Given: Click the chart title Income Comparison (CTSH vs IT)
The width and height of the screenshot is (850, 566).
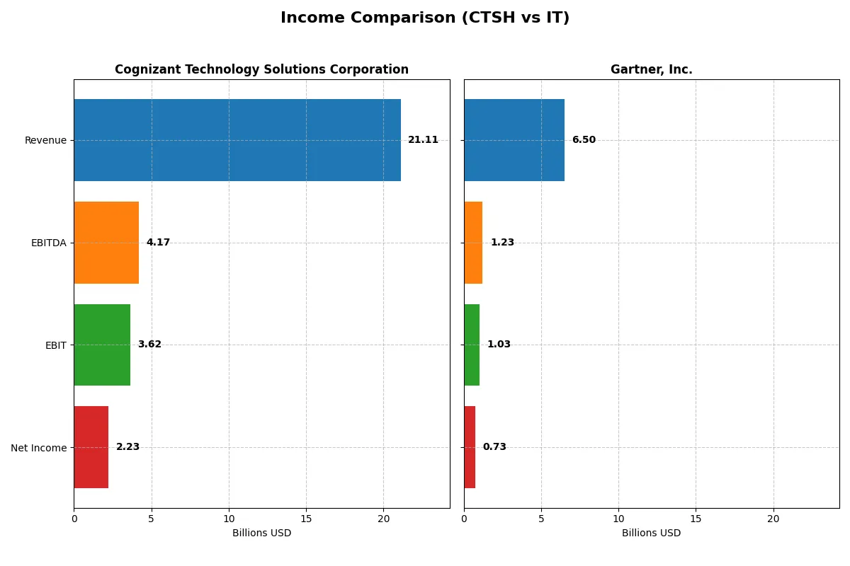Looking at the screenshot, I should (x=425, y=18).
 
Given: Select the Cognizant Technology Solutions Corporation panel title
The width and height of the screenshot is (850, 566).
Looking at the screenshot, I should (x=261, y=70).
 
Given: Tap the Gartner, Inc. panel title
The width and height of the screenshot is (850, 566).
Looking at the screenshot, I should (x=651, y=70).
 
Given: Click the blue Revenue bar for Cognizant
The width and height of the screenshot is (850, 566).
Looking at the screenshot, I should (x=237, y=140).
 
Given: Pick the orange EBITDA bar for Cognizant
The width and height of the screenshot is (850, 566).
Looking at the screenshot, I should (x=106, y=243).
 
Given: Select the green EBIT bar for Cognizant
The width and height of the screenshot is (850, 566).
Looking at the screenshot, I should (x=102, y=345).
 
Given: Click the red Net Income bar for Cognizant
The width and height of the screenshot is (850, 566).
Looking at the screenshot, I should (x=91, y=447).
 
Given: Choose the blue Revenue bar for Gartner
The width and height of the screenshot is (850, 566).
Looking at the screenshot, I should (x=514, y=140).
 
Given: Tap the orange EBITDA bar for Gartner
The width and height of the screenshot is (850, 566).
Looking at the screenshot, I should (x=473, y=243).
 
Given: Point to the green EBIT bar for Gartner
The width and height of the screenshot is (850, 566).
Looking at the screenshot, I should (x=472, y=345).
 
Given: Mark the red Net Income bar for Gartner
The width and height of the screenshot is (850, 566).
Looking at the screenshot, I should (x=470, y=447).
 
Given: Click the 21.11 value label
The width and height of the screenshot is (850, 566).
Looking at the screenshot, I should (x=423, y=140).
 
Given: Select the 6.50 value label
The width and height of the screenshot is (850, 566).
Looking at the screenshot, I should (x=584, y=140).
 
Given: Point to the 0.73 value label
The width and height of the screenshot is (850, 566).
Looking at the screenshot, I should (x=494, y=447).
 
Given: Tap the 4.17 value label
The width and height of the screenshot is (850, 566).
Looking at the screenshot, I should (x=158, y=243).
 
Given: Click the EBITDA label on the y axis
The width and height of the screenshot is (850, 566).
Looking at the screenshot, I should (x=48, y=243).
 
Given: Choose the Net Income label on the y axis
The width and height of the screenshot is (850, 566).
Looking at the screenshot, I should (x=39, y=447).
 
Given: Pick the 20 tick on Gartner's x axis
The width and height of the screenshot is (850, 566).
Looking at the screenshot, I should (x=773, y=519).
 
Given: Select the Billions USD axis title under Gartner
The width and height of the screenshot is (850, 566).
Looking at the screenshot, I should (x=651, y=533).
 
